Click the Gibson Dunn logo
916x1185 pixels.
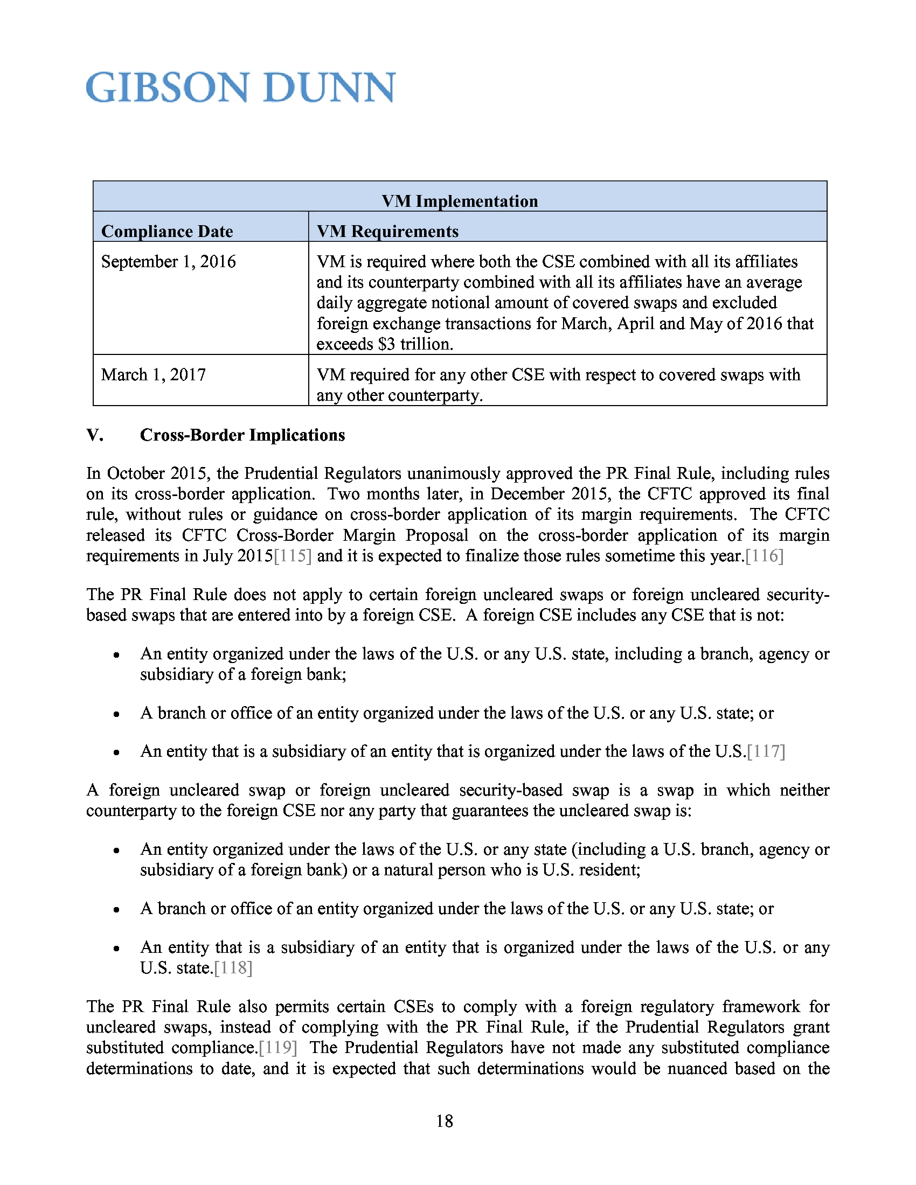(240, 87)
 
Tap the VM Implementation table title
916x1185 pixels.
(459, 201)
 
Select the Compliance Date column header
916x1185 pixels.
(166, 232)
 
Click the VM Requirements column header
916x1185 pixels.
(387, 232)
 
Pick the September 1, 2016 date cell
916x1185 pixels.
(168, 262)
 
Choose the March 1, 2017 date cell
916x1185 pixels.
(153, 375)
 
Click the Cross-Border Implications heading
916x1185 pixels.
(242, 435)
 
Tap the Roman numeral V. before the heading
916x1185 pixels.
(95, 435)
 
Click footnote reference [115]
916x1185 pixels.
(293, 556)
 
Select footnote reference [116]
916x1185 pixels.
(765, 556)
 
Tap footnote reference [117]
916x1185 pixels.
(766, 751)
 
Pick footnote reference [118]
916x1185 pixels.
(233, 968)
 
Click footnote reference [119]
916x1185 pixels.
(278, 1048)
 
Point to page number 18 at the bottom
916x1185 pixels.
(445, 1121)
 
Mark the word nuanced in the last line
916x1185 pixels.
(697, 1068)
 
